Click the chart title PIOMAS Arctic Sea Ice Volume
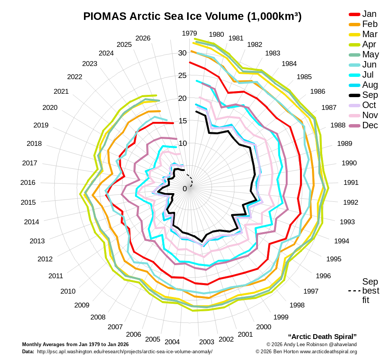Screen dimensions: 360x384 point(192,16)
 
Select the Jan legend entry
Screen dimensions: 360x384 point(369,14)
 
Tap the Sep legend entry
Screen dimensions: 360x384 point(370,95)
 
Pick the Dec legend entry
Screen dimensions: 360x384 point(370,126)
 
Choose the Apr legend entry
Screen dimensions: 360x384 point(369,45)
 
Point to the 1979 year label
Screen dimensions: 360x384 point(189,33)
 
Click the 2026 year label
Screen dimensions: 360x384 point(143,38)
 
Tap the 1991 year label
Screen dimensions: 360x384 point(351,183)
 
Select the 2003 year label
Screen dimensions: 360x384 point(207,342)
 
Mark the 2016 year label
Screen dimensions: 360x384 point(28,183)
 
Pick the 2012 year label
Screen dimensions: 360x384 point(45,259)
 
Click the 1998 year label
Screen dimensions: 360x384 point(297,305)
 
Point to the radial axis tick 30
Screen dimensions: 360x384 point(182,53)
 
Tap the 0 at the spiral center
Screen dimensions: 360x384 point(184,189)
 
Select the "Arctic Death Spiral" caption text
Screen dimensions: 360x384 point(322,336)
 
